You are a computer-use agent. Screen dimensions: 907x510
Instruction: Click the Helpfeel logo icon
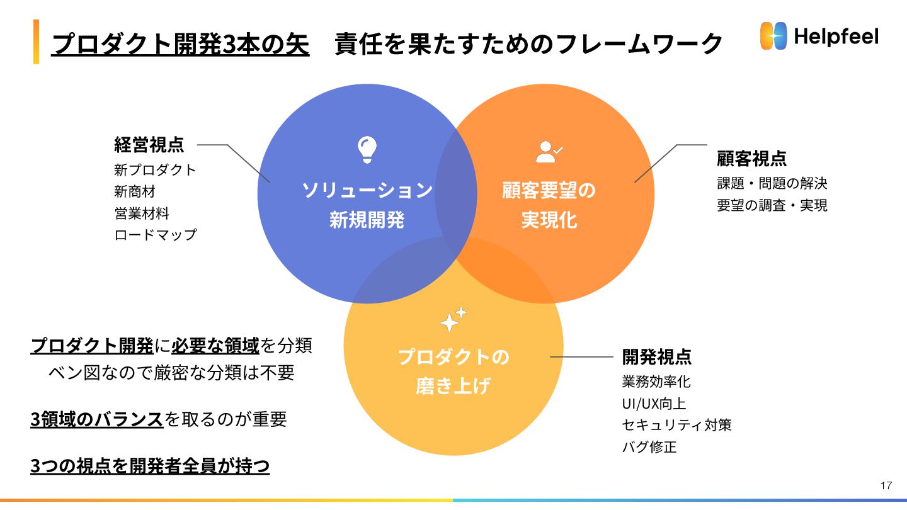pyautogui.click(x=774, y=37)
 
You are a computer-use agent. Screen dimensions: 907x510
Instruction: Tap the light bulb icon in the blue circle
pyautogui.click(x=367, y=150)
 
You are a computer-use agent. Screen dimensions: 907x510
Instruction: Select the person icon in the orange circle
pyautogui.click(x=549, y=152)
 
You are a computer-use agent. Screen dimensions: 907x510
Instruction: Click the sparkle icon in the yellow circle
pyautogui.click(x=453, y=319)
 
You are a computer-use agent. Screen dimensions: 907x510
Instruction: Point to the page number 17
pyautogui.click(x=886, y=485)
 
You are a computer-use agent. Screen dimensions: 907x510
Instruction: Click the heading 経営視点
pyautogui.click(x=149, y=145)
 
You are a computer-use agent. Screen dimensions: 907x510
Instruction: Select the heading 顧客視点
pyautogui.click(x=751, y=158)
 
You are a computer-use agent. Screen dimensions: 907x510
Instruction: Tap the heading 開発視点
pyautogui.click(x=656, y=357)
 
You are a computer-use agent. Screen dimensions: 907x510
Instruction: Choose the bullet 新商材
pyautogui.click(x=134, y=191)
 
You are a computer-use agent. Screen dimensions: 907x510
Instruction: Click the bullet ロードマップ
pyautogui.click(x=156, y=235)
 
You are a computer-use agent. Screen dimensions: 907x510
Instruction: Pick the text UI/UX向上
pyautogui.click(x=654, y=404)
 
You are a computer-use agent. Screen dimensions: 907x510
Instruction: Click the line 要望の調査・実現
pyautogui.click(x=772, y=205)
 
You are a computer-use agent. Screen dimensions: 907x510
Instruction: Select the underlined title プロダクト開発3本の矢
pyautogui.click(x=180, y=44)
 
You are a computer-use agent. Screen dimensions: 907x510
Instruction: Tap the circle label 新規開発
pyautogui.click(x=367, y=220)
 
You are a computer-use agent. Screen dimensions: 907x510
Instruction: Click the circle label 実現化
pyautogui.click(x=549, y=220)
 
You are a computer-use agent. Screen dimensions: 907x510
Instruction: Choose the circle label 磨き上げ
pyautogui.click(x=452, y=386)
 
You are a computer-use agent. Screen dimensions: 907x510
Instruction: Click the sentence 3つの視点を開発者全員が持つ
pyautogui.click(x=150, y=467)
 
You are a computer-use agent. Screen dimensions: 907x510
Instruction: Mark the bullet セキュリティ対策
pyautogui.click(x=676, y=425)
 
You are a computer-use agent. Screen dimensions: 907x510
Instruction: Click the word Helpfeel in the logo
pyautogui.click(x=836, y=37)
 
